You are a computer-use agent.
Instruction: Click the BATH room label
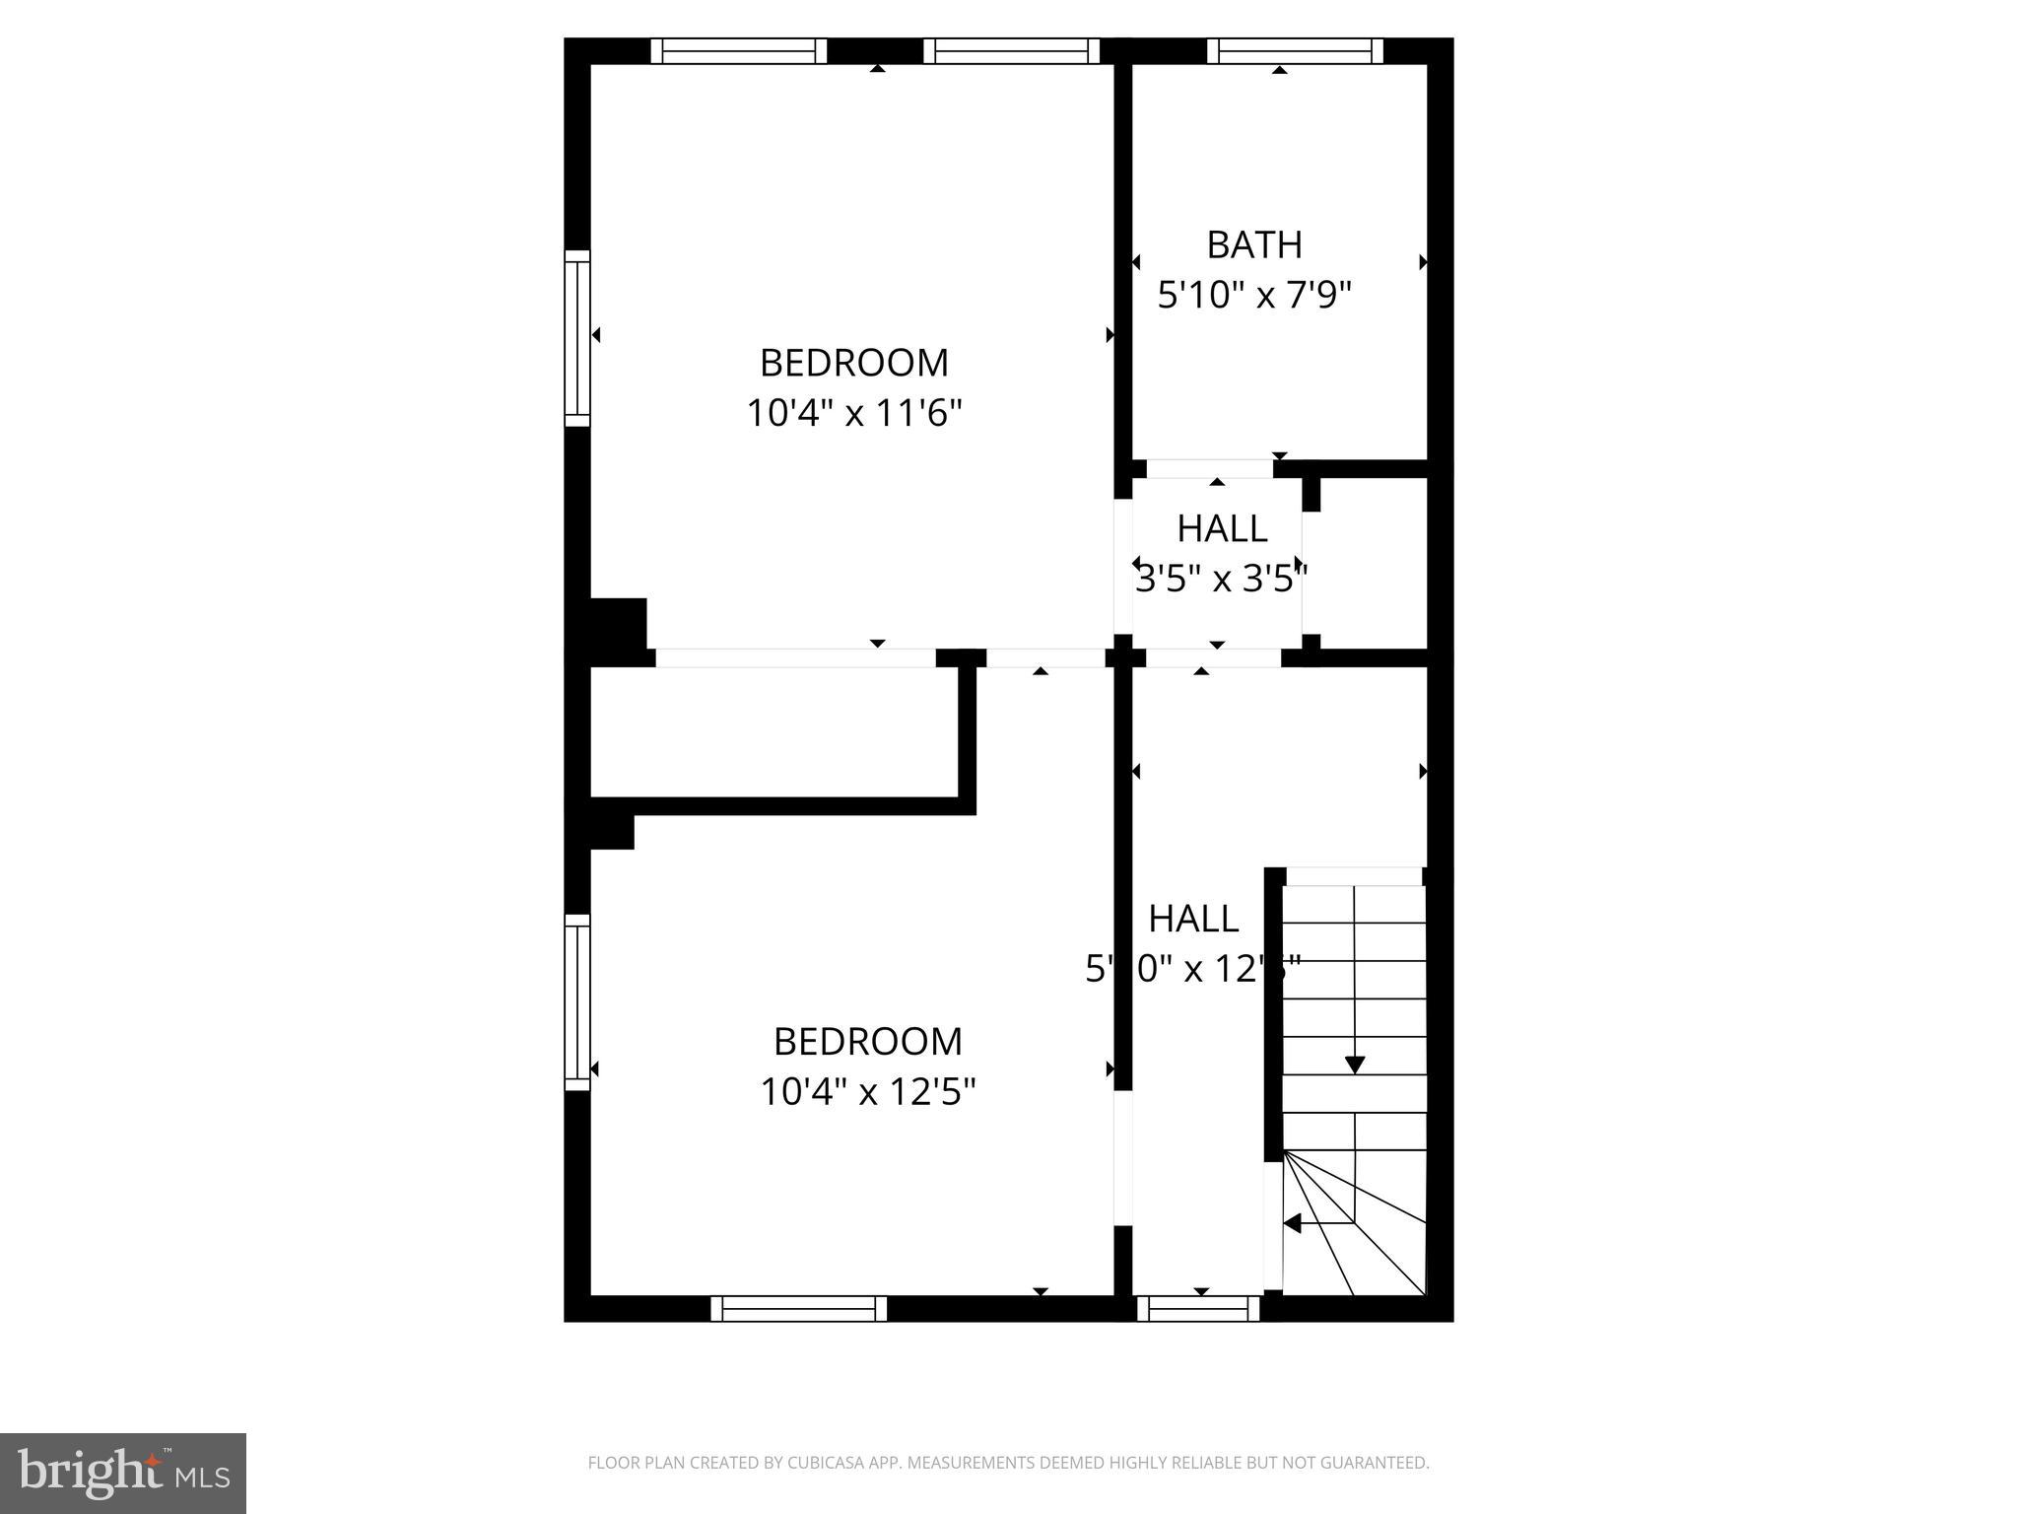point(1253,244)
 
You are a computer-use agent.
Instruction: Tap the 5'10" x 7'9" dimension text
point(1253,295)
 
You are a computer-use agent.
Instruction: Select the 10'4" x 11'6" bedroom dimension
point(853,413)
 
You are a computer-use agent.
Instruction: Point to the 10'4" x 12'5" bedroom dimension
point(867,1092)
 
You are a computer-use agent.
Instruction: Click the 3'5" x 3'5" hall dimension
point(1221,579)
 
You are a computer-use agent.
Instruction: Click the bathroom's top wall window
point(1294,51)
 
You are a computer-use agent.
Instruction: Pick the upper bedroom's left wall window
point(577,338)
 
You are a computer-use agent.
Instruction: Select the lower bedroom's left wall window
point(577,1002)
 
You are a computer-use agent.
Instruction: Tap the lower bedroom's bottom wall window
point(798,1308)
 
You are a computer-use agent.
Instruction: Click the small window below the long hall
point(1198,1308)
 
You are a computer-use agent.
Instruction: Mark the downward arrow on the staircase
point(1355,1065)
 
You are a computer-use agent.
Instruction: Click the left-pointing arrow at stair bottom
point(1292,1223)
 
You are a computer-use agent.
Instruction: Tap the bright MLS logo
point(123,1474)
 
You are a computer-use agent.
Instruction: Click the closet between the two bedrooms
point(774,731)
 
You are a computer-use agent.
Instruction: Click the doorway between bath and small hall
point(1209,468)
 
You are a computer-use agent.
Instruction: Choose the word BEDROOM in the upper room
point(853,363)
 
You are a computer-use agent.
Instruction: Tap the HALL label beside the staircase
point(1192,919)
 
